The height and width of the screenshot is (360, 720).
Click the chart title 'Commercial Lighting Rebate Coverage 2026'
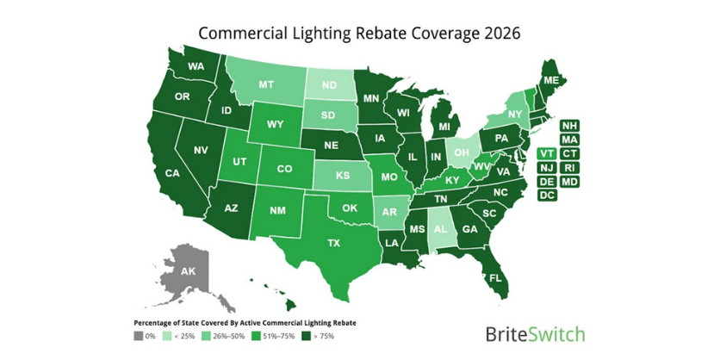click(x=359, y=33)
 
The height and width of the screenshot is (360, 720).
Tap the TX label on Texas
click(x=334, y=244)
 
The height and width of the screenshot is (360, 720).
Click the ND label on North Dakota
click(x=327, y=85)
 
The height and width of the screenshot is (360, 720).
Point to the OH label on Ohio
click(x=462, y=152)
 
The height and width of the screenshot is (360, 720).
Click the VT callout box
click(x=545, y=153)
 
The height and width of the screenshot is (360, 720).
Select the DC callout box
click(x=545, y=196)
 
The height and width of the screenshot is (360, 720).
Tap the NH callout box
click(x=568, y=125)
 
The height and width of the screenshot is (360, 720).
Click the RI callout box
click(x=568, y=167)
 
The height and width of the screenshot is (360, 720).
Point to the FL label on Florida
click(x=495, y=279)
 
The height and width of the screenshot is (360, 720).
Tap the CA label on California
click(x=172, y=173)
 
